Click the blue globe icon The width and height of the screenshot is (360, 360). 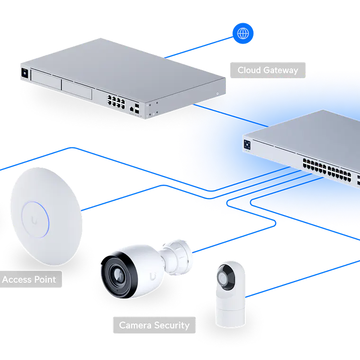pyautogui.click(x=243, y=33)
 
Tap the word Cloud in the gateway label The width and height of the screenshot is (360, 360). pyautogui.click(x=249, y=70)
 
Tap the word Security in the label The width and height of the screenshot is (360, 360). pyautogui.click(x=172, y=325)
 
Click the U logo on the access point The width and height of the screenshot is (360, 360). pyautogui.click(x=35, y=219)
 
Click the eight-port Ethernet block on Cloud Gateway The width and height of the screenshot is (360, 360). pyautogui.click(x=116, y=101)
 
